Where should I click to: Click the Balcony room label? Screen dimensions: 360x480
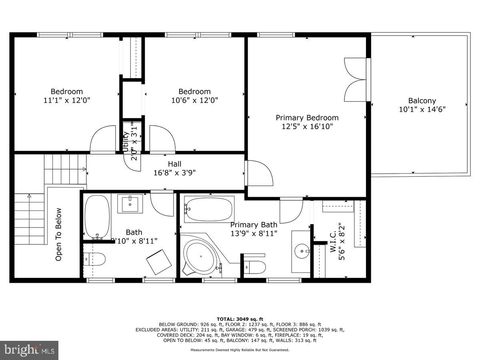coord(422,101)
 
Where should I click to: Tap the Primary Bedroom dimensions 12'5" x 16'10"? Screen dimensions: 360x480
coord(307,126)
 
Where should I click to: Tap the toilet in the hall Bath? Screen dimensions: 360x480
coord(94,260)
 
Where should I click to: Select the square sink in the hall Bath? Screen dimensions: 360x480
coord(130,204)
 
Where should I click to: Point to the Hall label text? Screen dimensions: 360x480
coord(174,164)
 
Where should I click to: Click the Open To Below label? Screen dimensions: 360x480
coord(59,234)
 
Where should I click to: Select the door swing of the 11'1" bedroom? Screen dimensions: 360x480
coord(103,140)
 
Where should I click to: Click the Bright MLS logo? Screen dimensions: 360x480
coord(29,350)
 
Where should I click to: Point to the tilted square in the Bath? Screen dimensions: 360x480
coord(159,262)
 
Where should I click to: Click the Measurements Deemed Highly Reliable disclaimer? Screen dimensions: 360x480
coord(240,350)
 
